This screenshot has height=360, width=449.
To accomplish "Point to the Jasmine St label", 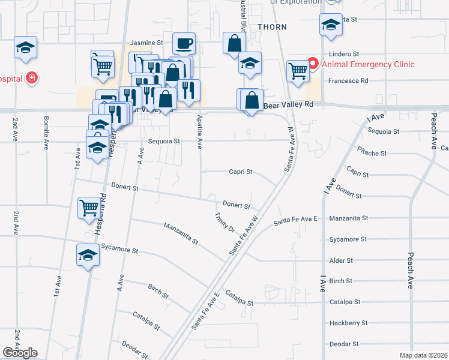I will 146,43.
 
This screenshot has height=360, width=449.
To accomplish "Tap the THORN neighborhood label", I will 272,27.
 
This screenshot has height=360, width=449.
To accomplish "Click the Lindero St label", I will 344,54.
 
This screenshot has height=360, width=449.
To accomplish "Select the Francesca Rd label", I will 348,80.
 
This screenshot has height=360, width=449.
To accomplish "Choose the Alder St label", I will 340,261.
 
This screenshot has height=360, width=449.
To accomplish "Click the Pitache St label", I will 372,153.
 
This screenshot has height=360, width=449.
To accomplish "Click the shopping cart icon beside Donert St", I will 89,208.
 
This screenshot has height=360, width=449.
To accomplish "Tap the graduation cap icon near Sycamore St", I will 88,255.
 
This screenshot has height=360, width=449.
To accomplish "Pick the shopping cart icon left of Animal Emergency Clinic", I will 298,70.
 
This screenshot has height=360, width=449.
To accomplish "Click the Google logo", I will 20,353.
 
